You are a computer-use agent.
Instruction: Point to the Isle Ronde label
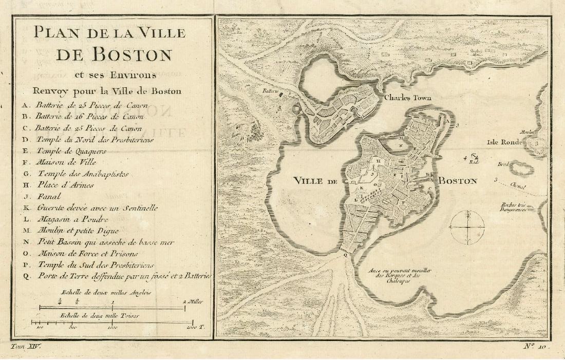click(x=505, y=142)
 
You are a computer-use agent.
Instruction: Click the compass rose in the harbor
click(x=467, y=226)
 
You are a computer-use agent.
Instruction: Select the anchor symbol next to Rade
click(x=475, y=156)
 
